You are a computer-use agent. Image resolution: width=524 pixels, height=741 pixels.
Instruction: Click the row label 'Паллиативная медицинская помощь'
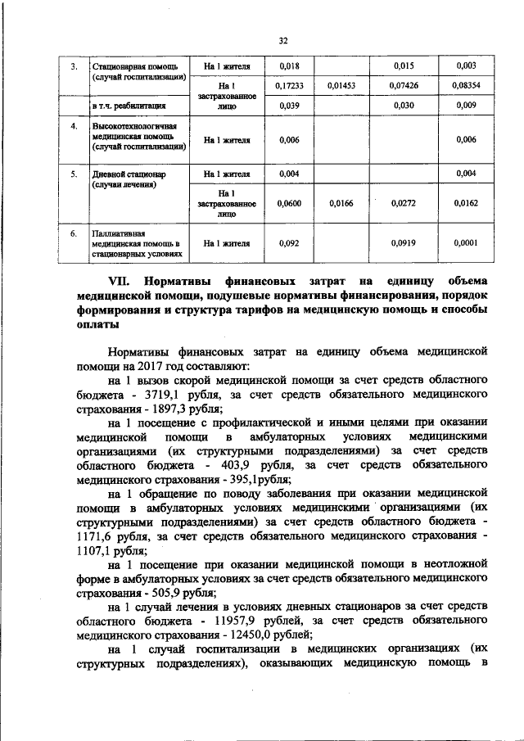click(131, 242)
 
